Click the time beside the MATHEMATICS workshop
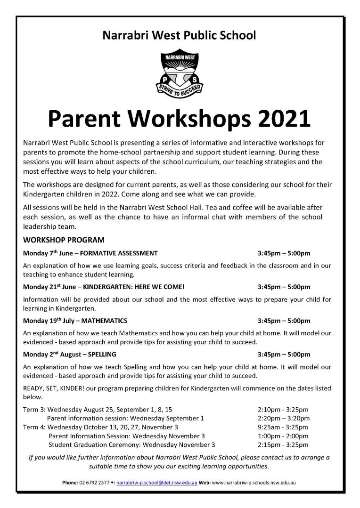(284, 321)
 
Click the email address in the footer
(156, 483)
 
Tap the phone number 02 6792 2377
(95, 483)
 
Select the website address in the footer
(254, 483)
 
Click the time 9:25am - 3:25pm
(283, 427)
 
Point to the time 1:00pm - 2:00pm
(283, 436)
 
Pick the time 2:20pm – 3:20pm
(284, 418)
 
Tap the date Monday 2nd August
(49, 354)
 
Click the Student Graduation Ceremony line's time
(283, 444)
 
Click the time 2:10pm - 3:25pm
(283, 410)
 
